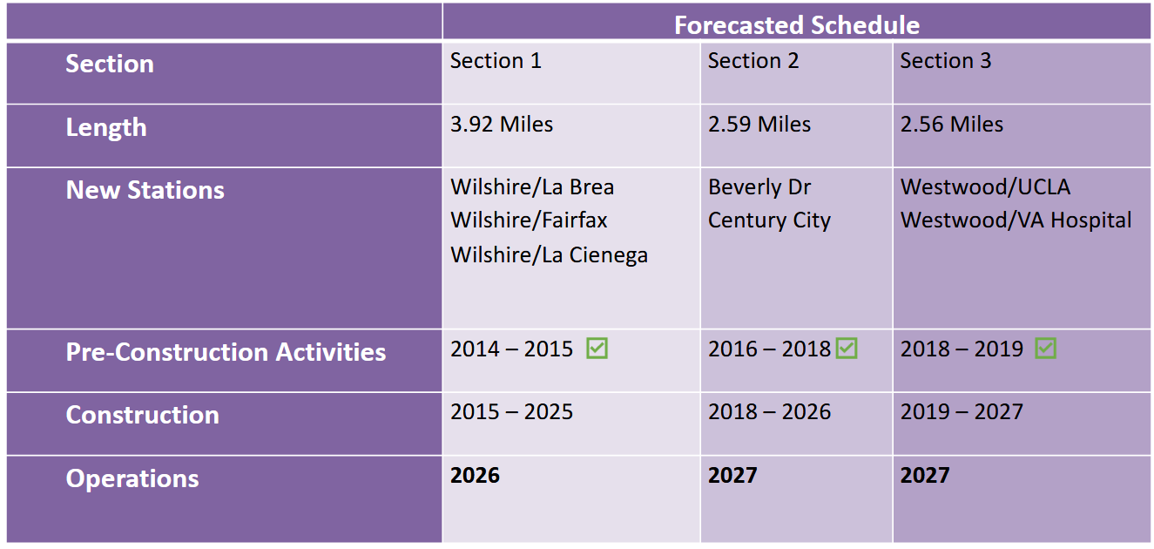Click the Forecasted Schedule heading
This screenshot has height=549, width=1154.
[x=796, y=25]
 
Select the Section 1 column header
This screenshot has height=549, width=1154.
[x=495, y=61]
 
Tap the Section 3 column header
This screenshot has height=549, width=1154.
[x=945, y=61]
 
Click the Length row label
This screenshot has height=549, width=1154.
[x=106, y=128]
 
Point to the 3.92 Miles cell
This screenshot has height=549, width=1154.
[x=501, y=125]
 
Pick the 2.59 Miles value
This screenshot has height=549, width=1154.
[x=759, y=125]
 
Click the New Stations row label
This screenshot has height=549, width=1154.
[x=145, y=191]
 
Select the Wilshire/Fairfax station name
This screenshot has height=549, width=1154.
[x=529, y=220]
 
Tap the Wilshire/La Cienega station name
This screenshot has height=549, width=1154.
[x=549, y=255]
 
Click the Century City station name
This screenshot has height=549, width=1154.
[x=769, y=220]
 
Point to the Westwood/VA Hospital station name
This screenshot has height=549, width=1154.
[x=1016, y=220]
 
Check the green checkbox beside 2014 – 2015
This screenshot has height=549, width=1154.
[x=597, y=349]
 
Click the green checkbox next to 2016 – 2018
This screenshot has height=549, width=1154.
[x=847, y=349]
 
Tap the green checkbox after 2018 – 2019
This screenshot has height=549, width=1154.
[x=1046, y=349]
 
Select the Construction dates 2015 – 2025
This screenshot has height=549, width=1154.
[x=511, y=412]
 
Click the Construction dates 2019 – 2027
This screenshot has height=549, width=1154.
[x=961, y=412]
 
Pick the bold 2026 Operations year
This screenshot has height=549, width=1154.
[x=475, y=476]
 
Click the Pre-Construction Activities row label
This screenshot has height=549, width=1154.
[x=226, y=353]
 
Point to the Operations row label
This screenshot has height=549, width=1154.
[x=132, y=479]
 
